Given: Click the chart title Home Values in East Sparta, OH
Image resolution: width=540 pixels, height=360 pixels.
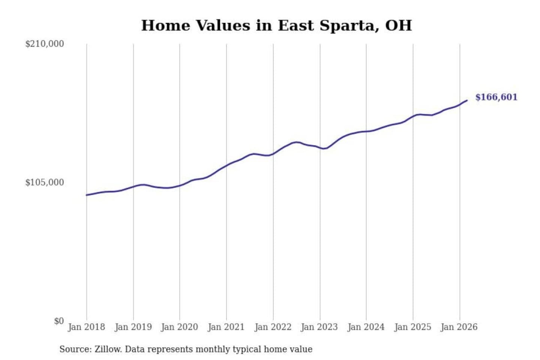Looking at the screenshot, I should point(276,25).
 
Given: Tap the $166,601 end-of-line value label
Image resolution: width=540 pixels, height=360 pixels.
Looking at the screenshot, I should point(496,97).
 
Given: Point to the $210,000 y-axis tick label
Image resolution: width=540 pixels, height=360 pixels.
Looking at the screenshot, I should point(45,44).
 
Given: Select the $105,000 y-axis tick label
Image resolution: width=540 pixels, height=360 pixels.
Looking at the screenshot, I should point(45,183).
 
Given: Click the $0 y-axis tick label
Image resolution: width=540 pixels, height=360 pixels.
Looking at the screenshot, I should point(58,321).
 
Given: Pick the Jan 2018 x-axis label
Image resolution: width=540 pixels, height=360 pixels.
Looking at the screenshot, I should point(86,327).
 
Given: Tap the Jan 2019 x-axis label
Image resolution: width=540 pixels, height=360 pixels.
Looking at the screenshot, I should point(133,327).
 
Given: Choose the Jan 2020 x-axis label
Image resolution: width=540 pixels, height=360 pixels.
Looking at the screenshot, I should point(179,327).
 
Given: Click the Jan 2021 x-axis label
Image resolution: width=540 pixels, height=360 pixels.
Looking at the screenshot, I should point(226,327).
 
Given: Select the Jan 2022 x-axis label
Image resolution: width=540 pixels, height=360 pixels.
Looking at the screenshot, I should point(273,327).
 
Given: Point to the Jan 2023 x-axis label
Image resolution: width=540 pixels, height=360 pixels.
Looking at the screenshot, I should point(319,327).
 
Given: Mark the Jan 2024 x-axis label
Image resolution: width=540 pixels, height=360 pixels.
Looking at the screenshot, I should point(366,327).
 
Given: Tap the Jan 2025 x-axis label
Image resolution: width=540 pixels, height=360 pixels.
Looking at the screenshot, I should point(413,327).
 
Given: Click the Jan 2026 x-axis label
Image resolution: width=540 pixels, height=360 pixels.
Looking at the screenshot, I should point(459,327).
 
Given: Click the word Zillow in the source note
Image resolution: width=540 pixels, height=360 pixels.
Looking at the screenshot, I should point(108,349).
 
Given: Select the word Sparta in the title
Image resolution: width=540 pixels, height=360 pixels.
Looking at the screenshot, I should point(347,25).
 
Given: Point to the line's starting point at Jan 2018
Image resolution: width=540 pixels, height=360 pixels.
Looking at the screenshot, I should point(87,195).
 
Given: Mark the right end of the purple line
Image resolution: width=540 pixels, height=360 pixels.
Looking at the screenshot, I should point(467,100).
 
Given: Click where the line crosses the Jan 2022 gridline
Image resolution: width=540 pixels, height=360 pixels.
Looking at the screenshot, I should point(273,153).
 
